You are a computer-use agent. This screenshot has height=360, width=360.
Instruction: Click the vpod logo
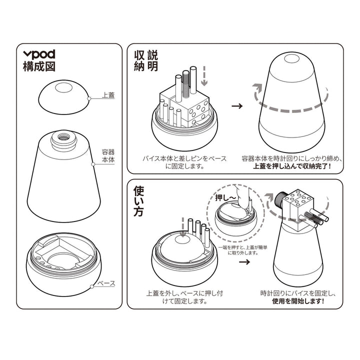click(39, 54)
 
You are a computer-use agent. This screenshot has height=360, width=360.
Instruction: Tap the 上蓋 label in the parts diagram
click(108, 95)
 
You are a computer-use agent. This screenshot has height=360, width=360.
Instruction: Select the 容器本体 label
click(108, 156)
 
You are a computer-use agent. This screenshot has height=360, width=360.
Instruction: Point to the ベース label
click(106, 283)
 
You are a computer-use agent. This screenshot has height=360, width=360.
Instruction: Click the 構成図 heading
click(39, 66)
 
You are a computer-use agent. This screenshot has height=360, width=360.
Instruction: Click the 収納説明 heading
click(146, 61)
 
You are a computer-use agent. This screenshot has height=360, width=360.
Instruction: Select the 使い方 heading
click(139, 201)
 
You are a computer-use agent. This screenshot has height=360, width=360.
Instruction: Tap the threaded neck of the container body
click(63, 139)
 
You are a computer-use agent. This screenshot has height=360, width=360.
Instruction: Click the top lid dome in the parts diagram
click(63, 97)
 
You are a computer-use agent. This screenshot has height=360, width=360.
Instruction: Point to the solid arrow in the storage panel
click(237, 106)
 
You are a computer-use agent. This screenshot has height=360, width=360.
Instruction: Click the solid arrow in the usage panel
click(244, 261)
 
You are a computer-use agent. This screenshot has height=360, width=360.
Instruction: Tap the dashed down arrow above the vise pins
click(204, 76)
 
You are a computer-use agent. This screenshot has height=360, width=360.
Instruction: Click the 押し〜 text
click(225, 197)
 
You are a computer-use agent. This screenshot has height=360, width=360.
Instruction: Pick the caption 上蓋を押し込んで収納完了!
click(292, 166)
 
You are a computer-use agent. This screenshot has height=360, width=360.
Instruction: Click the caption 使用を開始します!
click(298, 301)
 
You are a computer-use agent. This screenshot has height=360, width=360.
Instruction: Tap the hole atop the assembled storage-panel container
click(291, 58)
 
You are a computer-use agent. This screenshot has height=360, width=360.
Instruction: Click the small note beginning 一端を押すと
click(242, 250)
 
